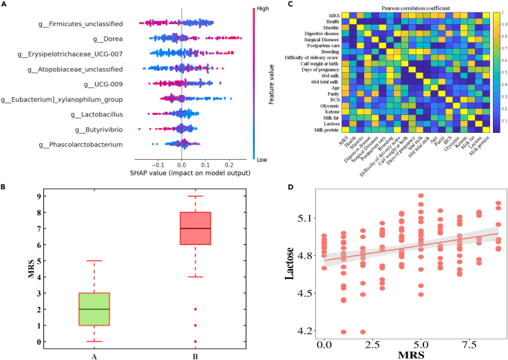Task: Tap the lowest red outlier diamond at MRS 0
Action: coord(195,341)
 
